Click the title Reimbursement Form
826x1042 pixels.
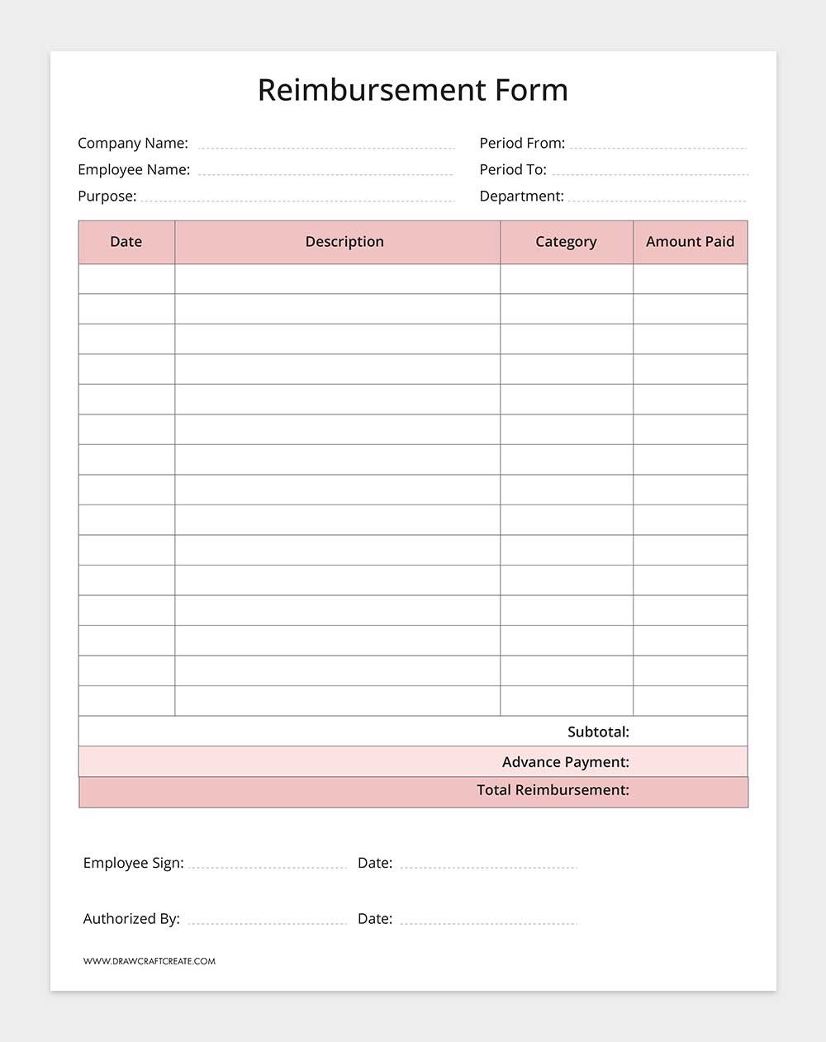click(x=412, y=90)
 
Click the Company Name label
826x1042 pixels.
click(x=133, y=143)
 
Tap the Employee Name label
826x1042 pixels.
click(x=134, y=169)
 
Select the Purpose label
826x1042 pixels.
click(x=107, y=196)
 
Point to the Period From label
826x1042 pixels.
click(x=522, y=143)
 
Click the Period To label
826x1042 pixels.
click(x=513, y=169)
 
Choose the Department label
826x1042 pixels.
click(x=521, y=196)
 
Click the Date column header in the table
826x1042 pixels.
click(x=126, y=242)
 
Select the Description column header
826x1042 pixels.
click(x=344, y=242)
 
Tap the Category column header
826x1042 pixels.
click(x=566, y=242)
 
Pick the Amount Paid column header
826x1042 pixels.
click(x=690, y=242)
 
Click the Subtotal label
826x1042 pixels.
click(x=598, y=732)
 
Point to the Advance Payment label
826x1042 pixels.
click(x=565, y=762)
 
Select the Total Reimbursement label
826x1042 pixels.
click(x=553, y=790)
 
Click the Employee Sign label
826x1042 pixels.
click(x=133, y=863)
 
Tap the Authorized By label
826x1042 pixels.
click(x=131, y=918)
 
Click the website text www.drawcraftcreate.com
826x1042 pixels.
click(x=150, y=961)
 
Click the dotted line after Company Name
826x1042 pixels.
click(x=326, y=148)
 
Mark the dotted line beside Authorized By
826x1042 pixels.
click(x=267, y=923)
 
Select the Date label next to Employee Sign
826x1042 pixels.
click(x=375, y=863)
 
